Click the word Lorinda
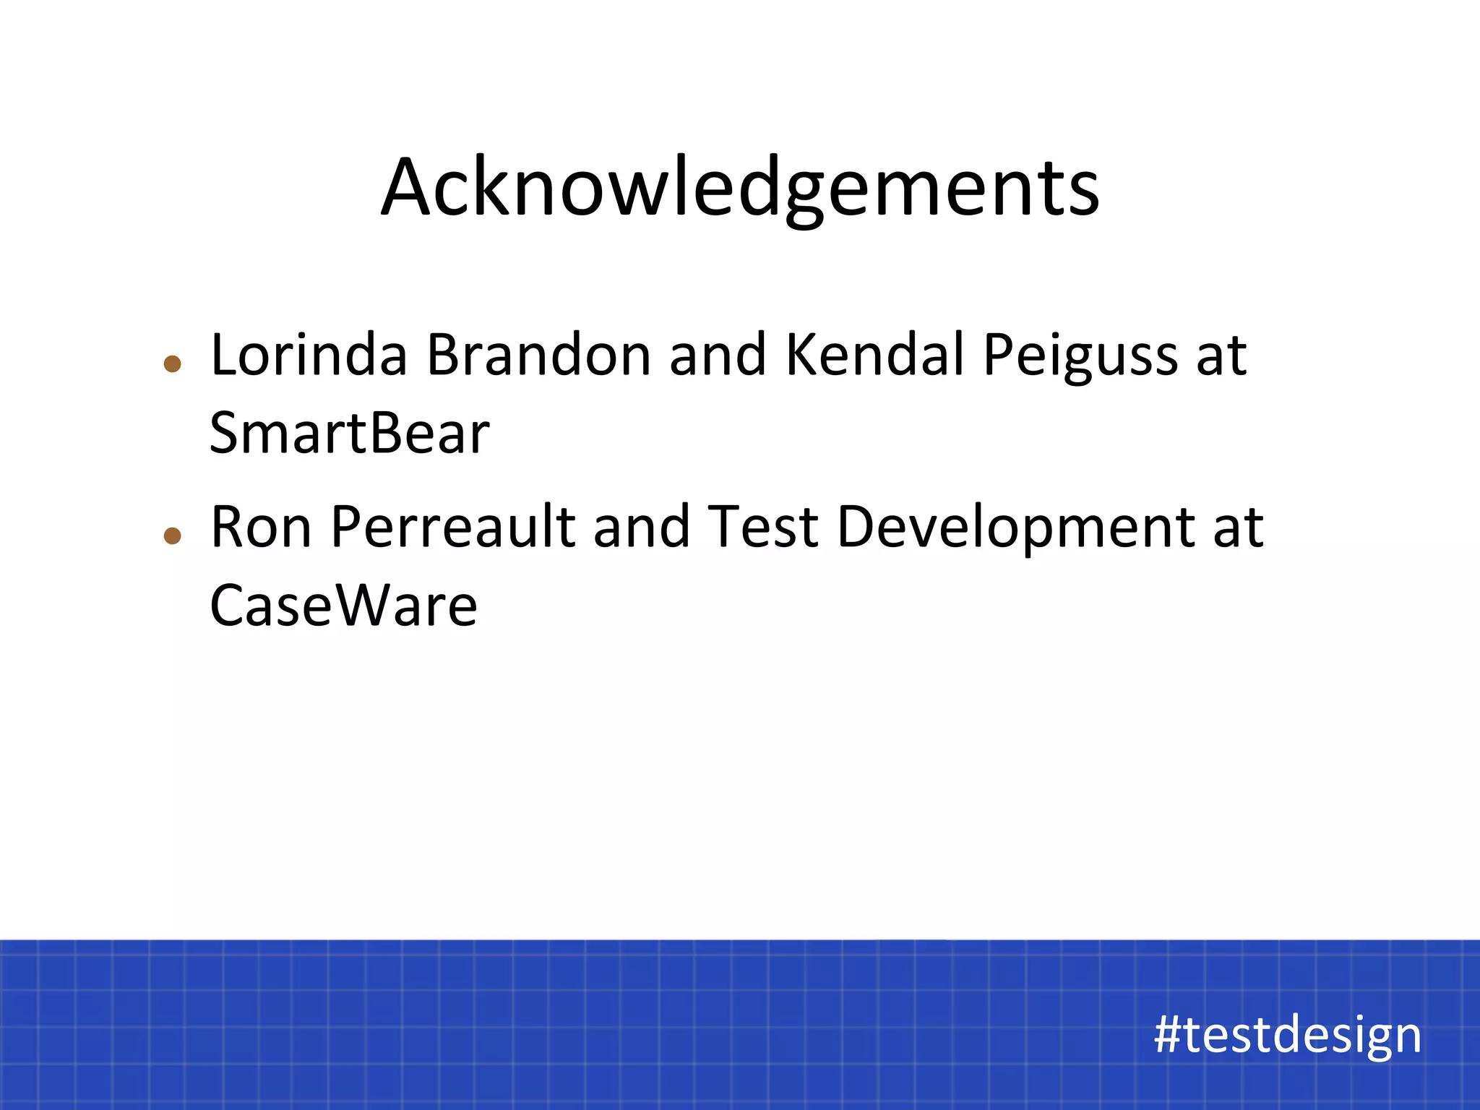309,356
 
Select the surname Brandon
538,356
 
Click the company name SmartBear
349,434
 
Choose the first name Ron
261,528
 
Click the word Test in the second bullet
762,528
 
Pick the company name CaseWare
343,606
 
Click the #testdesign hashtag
1287,1035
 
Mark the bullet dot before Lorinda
172,363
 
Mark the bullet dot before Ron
172,535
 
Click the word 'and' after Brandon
718,356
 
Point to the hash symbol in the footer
1168,1035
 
